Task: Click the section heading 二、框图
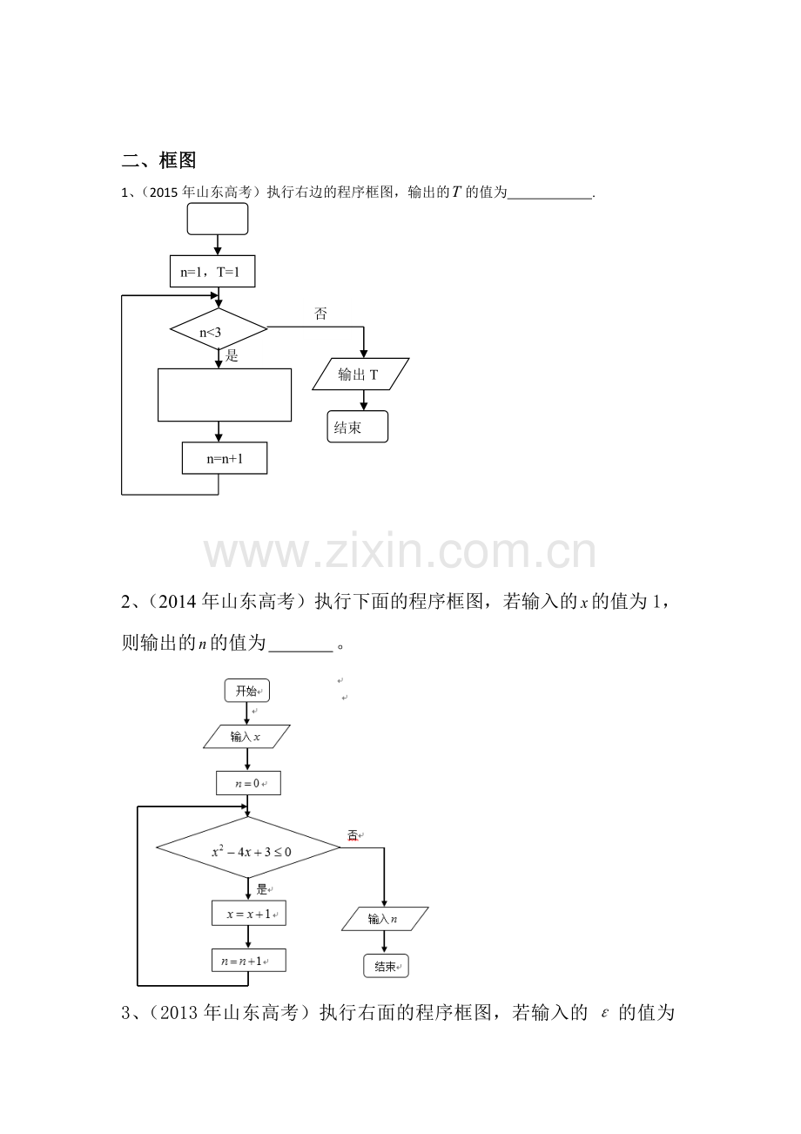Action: (158, 160)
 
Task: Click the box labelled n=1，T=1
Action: (212, 272)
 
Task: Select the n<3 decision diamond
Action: (219, 329)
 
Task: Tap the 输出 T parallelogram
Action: (360, 375)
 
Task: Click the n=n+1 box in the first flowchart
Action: (225, 458)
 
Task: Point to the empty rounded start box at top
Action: (218, 219)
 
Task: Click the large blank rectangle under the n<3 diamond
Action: (225, 395)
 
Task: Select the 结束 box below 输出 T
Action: (358, 427)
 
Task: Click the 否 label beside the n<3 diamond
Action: (320, 314)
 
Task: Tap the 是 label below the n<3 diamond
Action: (232, 356)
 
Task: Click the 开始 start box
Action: (247, 691)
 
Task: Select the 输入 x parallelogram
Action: (247, 737)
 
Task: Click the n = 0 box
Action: (248, 783)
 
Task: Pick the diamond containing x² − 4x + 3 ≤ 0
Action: (248, 847)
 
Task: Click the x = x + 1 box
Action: (249, 913)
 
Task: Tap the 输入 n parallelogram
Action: (385, 919)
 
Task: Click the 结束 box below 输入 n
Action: (386, 966)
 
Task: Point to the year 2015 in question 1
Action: (164, 192)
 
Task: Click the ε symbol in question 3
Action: (604, 1014)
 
